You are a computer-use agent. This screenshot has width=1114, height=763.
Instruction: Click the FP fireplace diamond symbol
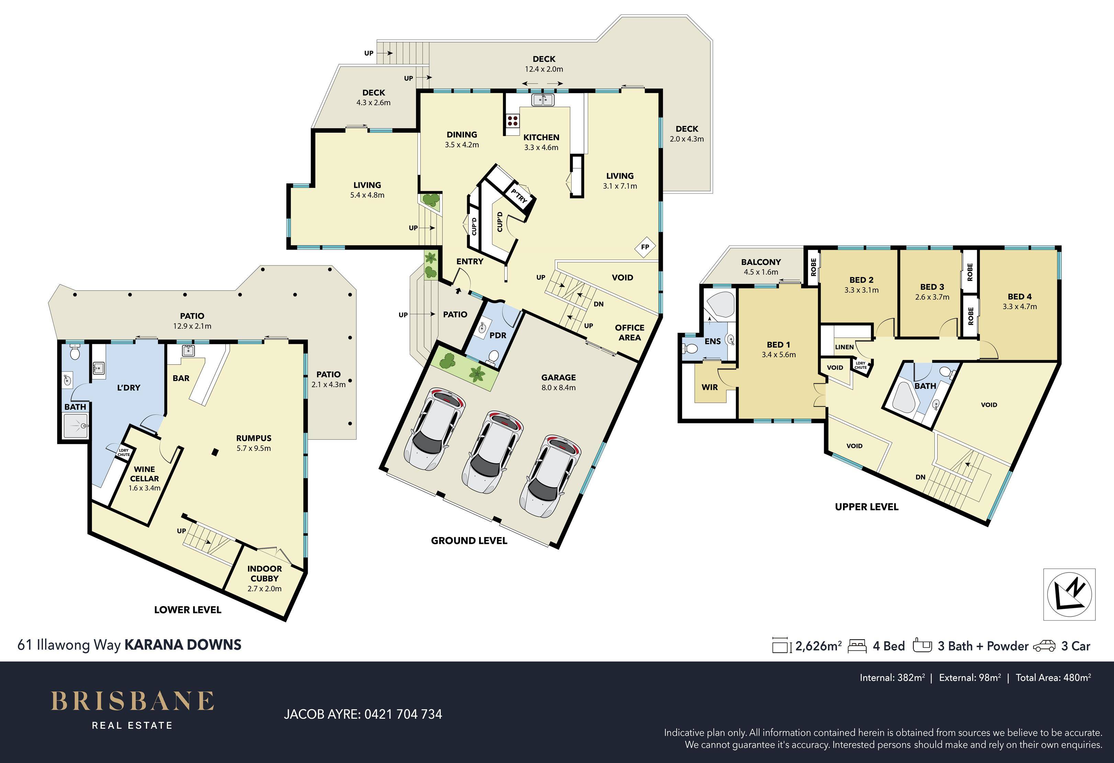tap(645, 247)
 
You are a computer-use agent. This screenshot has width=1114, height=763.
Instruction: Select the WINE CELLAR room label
tap(144, 474)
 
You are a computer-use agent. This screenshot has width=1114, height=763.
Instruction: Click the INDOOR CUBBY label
tap(265, 573)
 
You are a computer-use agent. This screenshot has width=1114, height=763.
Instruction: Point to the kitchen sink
tap(543, 100)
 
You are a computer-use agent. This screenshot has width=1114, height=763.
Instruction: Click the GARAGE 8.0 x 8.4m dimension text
tap(559, 388)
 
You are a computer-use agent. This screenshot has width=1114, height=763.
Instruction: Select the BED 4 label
tap(1020, 297)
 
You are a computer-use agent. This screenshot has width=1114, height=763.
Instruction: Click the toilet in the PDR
tap(492, 356)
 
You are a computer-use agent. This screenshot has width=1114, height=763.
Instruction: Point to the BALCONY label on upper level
tap(761, 262)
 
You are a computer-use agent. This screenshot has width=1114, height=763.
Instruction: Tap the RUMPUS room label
tap(254, 438)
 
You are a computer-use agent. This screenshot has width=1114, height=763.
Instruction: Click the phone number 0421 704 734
tap(403, 714)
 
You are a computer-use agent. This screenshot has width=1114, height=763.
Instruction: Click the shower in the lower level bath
tap(76, 425)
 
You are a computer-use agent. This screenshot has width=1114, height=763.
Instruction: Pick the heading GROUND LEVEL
tap(469, 540)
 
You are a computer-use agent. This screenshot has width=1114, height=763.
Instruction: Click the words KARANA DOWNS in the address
tap(183, 645)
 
